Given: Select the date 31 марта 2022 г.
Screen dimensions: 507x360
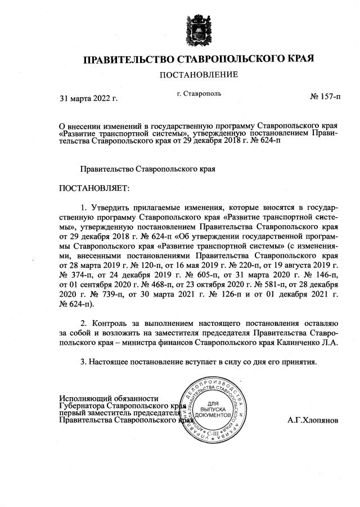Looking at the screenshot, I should tap(88, 98).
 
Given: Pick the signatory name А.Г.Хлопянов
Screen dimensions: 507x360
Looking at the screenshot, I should tap(313, 420).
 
